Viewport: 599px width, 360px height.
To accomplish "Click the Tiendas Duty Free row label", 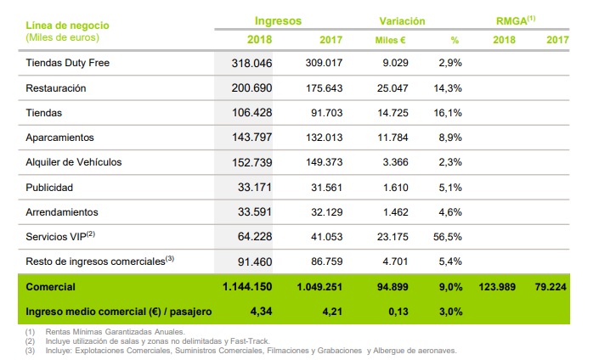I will pos(67,63).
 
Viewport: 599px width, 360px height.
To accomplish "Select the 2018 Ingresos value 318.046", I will pos(251,63).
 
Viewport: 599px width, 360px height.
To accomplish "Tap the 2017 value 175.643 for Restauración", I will pos(324,87).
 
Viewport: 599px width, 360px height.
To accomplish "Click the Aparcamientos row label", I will pos(60,137).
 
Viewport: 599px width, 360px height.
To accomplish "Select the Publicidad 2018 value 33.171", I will pos(255,186).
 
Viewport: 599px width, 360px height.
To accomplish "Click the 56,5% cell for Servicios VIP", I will pos(448,236).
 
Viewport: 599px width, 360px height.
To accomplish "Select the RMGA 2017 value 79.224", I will pos(553,287).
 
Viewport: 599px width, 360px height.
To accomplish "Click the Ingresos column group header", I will pos(278,20).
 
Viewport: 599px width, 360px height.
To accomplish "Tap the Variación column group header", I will pos(403,20).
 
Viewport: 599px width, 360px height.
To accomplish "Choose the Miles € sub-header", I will pos(391,40).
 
